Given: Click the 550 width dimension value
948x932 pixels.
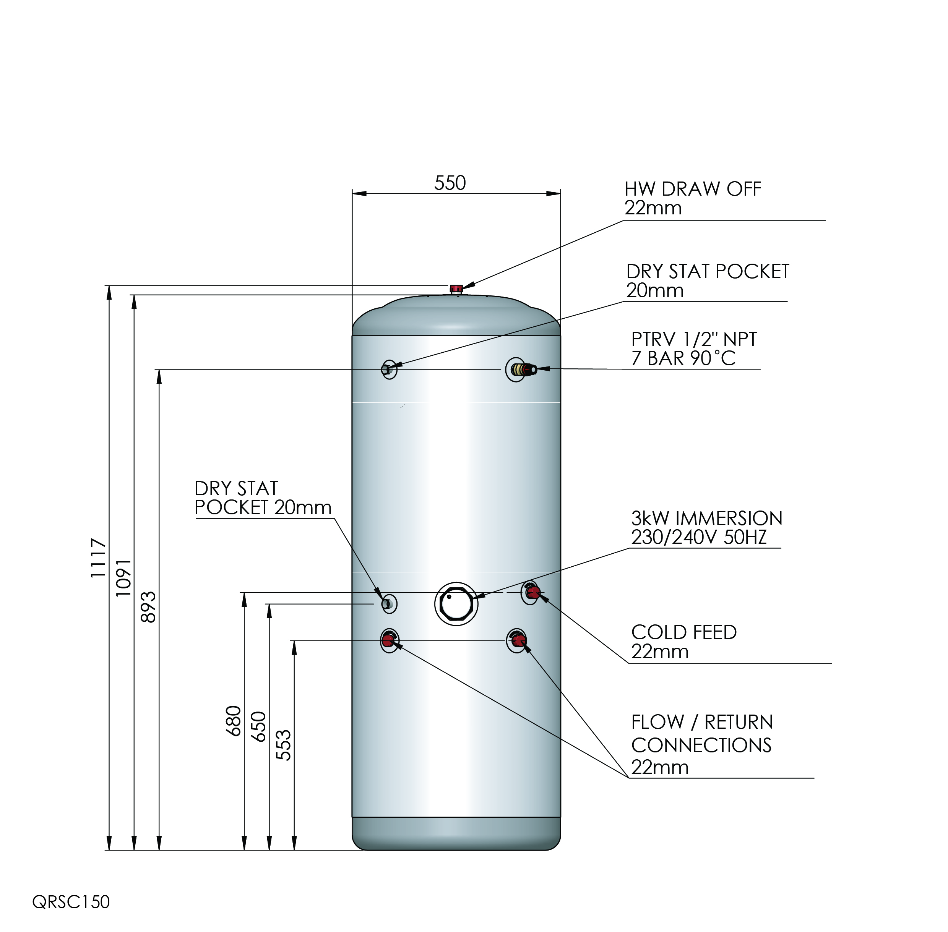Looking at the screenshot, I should pos(450,183).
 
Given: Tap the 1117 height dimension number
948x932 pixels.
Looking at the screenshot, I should pos(98,558).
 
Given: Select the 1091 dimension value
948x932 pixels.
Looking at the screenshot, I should pos(123,578).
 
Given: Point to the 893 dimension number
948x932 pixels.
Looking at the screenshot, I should pos(148,607).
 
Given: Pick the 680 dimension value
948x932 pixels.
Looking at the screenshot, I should pos(234,721).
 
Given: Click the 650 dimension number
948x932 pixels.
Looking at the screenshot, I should pos(258,727).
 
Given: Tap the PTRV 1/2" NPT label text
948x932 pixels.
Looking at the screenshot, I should pos(693,340).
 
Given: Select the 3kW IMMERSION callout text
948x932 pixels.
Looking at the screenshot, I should pos(706,519).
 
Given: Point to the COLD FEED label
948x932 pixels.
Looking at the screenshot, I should pos(683,632).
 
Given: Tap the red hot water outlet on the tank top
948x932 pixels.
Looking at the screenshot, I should pos(456,289).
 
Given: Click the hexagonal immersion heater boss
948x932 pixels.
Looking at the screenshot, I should pos(456,603).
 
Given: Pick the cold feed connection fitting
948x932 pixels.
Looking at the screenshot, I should pos(531,593).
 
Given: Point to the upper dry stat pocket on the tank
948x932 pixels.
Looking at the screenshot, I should pos(389,369).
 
